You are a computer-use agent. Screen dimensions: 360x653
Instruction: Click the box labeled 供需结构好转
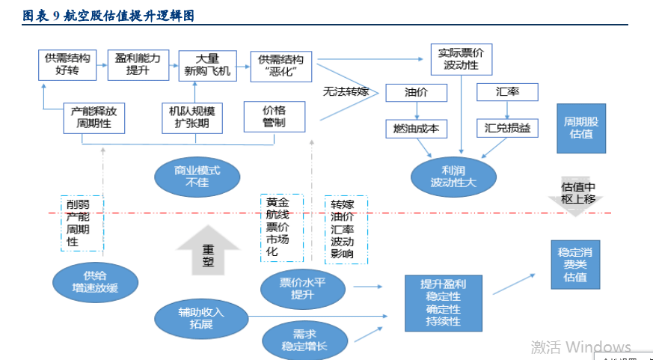coord(67,65)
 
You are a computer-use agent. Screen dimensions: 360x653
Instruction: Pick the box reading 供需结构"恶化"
coord(280,66)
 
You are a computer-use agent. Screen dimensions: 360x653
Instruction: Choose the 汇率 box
coord(507,93)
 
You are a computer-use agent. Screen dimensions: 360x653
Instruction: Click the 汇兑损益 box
coord(507,129)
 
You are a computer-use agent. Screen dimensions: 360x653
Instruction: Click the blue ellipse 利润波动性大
coord(454,176)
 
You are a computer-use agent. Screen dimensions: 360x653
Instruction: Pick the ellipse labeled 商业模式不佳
coord(197,176)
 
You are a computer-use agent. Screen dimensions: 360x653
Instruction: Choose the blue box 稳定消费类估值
coord(575,264)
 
